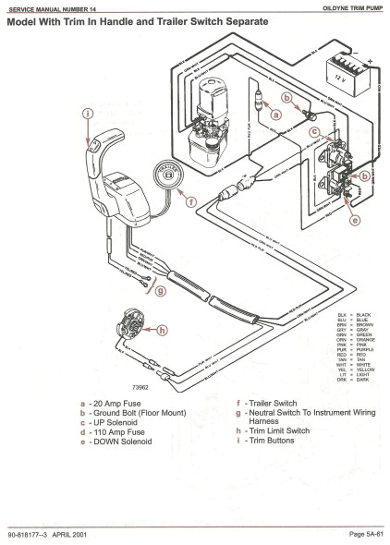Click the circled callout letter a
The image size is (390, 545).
[274, 115]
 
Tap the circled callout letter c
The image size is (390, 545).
[315, 131]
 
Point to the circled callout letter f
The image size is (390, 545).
[191, 200]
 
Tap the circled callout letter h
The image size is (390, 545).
[163, 330]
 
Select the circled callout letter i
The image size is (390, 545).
[89, 115]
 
